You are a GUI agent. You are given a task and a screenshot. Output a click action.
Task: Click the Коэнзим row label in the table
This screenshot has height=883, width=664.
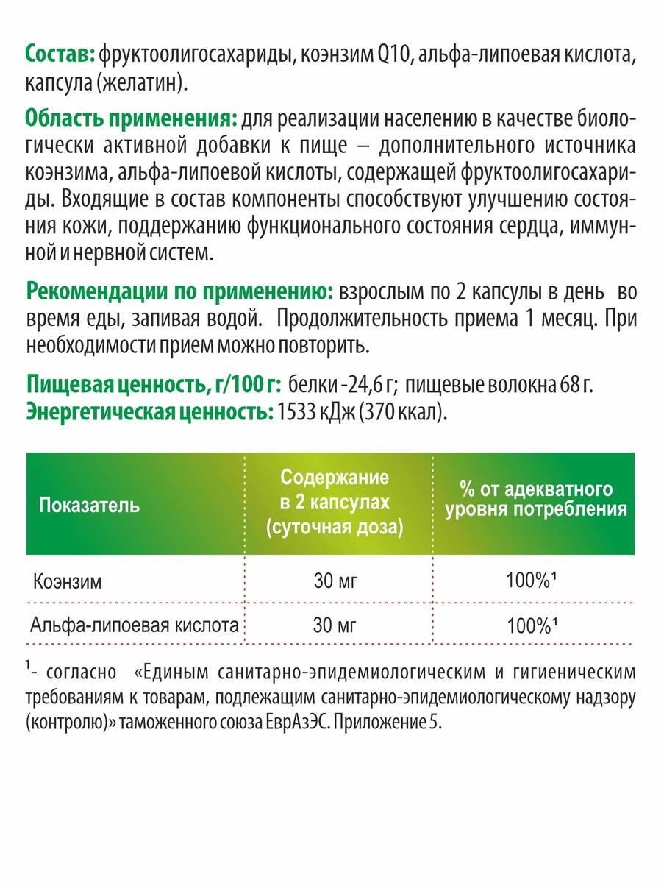click(68, 582)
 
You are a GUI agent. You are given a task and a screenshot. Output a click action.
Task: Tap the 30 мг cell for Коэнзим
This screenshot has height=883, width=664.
click(335, 582)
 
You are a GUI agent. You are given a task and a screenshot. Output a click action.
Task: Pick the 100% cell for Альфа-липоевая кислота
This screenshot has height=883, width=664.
click(529, 626)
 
